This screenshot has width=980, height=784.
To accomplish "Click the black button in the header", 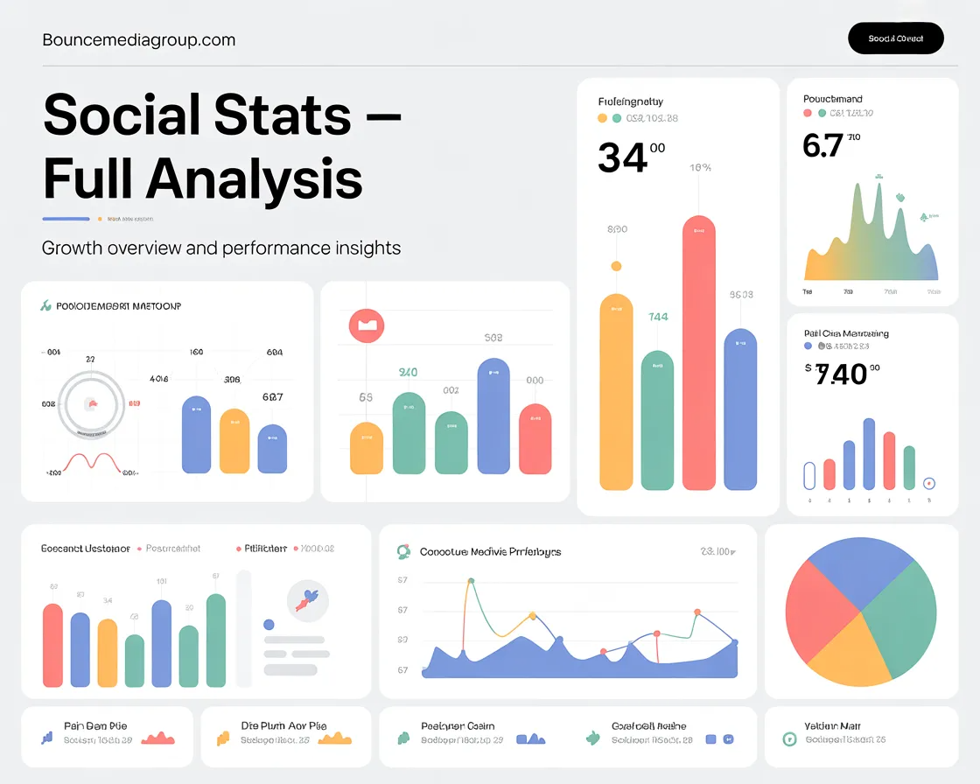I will (x=896, y=38).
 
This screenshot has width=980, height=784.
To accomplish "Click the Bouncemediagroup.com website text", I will (x=138, y=40).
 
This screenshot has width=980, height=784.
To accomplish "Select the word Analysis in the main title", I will (x=254, y=179).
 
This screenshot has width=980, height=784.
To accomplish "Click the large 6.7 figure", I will (x=822, y=145).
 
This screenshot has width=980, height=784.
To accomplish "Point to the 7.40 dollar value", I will (x=841, y=374).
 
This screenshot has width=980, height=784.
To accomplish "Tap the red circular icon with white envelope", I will (x=367, y=325).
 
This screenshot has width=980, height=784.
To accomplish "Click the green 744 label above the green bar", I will (x=658, y=318).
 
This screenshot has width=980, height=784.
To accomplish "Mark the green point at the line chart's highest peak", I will (x=472, y=580).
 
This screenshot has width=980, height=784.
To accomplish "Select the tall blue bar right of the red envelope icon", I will (x=493, y=416).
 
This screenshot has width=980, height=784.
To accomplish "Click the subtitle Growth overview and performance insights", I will (x=221, y=248).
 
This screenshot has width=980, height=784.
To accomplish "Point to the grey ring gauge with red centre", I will (x=92, y=403).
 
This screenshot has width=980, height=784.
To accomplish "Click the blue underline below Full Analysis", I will (x=66, y=219).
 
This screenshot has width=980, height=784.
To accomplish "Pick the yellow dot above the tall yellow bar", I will (x=616, y=266).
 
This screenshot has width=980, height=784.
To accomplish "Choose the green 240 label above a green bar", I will (x=408, y=373).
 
